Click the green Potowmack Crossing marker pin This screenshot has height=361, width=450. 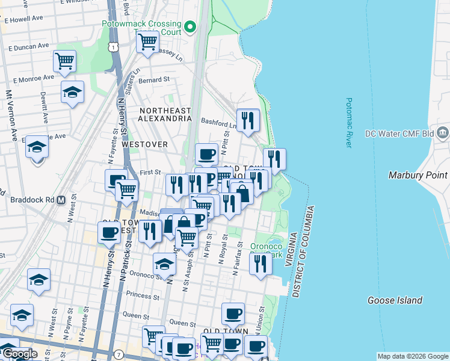[x=191, y=26]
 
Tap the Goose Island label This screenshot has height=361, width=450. [x=395, y=300]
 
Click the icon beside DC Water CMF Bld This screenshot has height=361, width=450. [x=443, y=132]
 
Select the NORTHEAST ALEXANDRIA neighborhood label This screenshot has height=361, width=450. [x=165, y=115]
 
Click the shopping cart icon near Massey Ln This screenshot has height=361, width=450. [x=147, y=42]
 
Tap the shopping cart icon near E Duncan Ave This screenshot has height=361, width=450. [x=64, y=60]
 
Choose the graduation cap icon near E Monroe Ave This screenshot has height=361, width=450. [x=72, y=92]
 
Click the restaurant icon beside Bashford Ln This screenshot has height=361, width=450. [x=247, y=120]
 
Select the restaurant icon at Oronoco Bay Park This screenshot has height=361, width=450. [x=260, y=264]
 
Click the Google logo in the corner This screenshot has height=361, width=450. [x=19, y=354]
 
